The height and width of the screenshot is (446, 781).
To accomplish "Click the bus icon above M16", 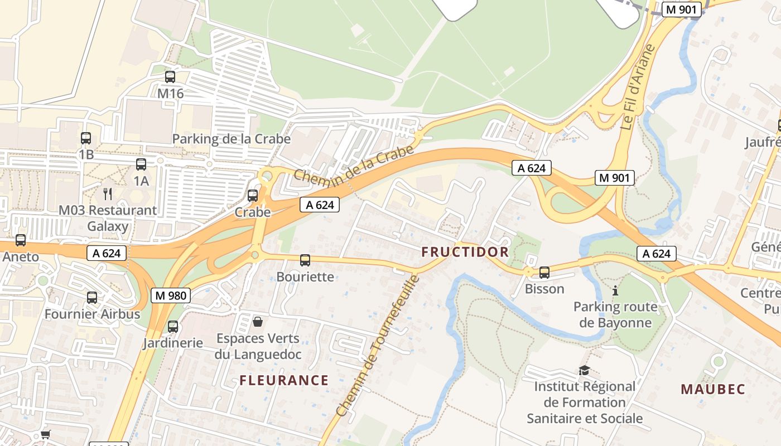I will click(x=170, y=77).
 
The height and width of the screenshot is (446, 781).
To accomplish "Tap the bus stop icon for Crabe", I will click(x=253, y=195).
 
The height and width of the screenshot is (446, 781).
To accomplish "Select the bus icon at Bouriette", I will click(x=305, y=260).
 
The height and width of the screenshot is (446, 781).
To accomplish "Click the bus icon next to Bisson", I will click(x=544, y=272).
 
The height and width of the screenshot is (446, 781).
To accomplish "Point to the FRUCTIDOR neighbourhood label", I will click(x=465, y=252).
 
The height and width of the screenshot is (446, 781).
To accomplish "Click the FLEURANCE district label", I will click(x=284, y=380).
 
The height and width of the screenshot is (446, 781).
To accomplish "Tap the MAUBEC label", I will click(x=713, y=389).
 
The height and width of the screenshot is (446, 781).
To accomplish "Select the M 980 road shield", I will click(x=171, y=295).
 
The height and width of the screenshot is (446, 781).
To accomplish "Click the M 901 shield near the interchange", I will click(x=615, y=178).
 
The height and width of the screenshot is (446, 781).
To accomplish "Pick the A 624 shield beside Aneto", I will click(x=107, y=253).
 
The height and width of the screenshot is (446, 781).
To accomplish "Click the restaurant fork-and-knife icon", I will click(x=108, y=193).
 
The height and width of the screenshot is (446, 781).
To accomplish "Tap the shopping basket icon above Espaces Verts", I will click(x=258, y=321).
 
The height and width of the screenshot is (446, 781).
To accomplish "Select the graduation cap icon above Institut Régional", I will click(x=584, y=370).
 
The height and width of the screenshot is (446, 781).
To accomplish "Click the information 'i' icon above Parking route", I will click(x=615, y=290).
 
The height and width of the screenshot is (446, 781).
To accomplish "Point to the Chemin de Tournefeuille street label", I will click(x=377, y=346).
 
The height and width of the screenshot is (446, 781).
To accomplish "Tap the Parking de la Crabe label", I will click(x=231, y=138).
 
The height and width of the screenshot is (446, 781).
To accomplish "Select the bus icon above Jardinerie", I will click(x=173, y=327).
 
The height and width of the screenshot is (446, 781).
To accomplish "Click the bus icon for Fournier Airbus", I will click(x=92, y=298).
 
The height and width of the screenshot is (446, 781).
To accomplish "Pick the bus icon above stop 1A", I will click(x=141, y=164).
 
